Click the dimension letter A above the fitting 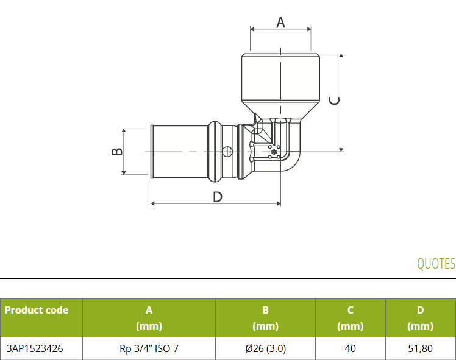tap(280, 23)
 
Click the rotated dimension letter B tap(117, 152)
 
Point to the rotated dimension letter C tap(334, 101)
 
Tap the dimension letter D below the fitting tap(218, 197)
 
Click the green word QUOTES tap(436, 264)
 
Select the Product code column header tap(37, 310)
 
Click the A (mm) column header tap(149, 318)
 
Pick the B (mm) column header tap(266, 318)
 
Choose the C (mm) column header tap(351, 318)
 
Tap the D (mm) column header tap(421, 318)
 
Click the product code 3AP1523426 tap(35, 348)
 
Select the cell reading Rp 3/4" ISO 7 tap(149, 348)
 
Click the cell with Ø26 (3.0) tap(266, 348)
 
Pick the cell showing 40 tap(350, 348)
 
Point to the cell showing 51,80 tap(420, 348)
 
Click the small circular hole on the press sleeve tap(228, 152)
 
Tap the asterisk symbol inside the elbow tap(274, 152)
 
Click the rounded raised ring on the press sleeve tap(215, 152)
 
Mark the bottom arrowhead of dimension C tap(341, 149)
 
